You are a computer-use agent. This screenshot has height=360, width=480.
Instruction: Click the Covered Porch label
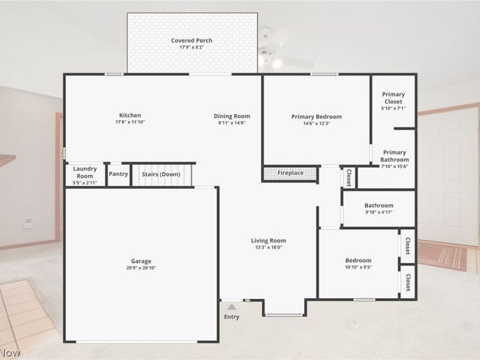tap(191, 41)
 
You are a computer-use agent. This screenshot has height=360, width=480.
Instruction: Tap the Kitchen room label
tap(130, 115)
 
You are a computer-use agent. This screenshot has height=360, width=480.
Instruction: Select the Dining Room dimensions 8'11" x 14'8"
tap(232, 122)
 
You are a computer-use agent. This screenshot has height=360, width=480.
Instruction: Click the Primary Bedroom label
tap(316, 116)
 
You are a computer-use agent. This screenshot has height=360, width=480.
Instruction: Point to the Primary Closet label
tap(394, 98)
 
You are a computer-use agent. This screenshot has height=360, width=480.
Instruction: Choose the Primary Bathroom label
tap(394, 156)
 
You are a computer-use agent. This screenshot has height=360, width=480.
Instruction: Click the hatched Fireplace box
tap(290, 173)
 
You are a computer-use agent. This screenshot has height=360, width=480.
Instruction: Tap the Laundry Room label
tap(85, 172)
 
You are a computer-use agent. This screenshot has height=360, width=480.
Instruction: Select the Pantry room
tap(118, 175)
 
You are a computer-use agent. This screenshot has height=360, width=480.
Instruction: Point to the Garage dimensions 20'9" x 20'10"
tap(142, 268)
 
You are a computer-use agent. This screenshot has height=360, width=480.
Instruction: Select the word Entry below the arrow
tap(231, 317)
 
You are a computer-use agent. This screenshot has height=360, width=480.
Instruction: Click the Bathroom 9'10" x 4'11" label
tap(379, 208)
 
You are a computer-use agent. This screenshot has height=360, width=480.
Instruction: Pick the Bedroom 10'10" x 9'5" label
tap(358, 263)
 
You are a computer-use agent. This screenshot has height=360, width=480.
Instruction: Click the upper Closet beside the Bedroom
tap(407, 246)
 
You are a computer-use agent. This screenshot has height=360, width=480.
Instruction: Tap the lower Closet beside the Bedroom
tap(407, 282)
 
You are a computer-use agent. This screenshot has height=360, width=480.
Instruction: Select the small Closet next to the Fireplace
tap(349, 177)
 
